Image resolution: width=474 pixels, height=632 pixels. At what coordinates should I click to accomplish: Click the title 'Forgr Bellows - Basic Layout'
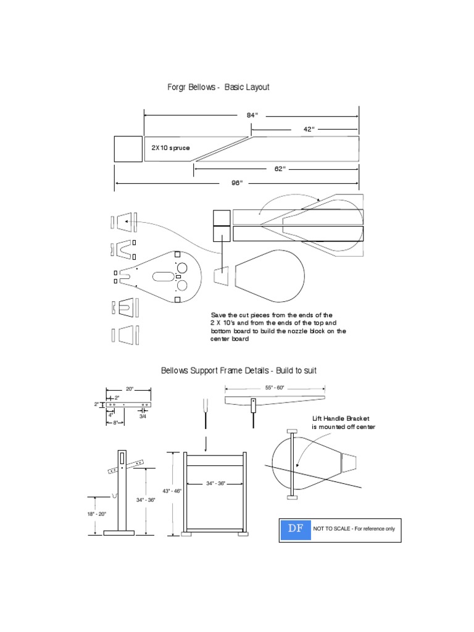(218, 88)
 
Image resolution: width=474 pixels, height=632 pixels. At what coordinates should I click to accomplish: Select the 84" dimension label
(251, 115)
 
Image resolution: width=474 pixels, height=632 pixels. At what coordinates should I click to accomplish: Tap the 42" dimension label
(309, 129)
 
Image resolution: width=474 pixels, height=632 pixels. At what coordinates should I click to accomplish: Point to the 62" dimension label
(279, 168)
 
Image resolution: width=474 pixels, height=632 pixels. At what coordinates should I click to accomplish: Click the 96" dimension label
(237, 183)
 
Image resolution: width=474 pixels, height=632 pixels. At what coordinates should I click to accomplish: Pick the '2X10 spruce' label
(170, 148)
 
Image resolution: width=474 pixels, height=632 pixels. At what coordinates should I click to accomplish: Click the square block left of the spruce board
(128, 149)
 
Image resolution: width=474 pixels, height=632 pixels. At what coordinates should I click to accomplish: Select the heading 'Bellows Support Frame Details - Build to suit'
(239, 371)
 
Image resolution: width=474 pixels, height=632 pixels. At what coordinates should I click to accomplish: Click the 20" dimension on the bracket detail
(130, 389)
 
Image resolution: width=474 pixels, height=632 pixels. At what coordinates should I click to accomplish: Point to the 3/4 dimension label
(143, 417)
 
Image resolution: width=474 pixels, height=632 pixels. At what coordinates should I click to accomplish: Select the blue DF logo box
(294, 530)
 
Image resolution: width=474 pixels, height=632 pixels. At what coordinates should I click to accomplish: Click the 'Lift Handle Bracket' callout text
(343, 418)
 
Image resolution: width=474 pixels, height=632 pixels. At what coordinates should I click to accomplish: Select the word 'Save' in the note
(218, 315)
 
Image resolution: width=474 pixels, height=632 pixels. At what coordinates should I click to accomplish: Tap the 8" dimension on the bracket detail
(115, 423)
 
